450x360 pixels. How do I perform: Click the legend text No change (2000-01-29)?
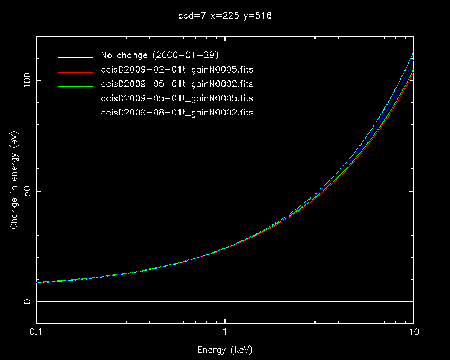(x=159, y=56)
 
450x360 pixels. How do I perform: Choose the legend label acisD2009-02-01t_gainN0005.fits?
(x=177, y=70)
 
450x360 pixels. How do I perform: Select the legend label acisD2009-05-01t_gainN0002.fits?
(x=177, y=84)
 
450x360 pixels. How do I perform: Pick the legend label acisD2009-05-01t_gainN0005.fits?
(x=177, y=98)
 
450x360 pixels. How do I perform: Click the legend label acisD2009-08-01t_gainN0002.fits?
(x=177, y=113)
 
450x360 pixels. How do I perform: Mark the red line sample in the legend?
(x=76, y=70)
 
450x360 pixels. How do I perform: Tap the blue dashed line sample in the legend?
(x=76, y=99)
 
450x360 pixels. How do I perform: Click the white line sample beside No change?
(x=76, y=56)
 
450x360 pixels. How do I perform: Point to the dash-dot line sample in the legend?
(x=76, y=113)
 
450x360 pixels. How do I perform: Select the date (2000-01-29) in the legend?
(x=189, y=56)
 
